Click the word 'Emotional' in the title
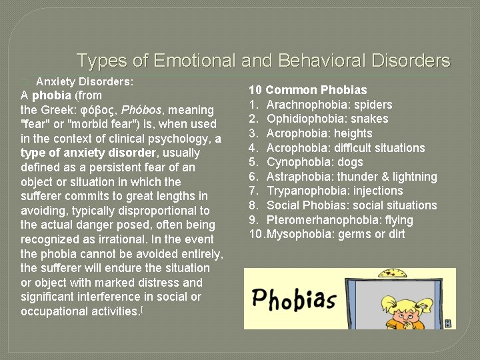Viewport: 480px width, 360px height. click(x=194, y=61)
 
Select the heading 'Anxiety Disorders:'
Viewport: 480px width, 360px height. click(x=85, y=81)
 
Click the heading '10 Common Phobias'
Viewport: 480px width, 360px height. click(x=308, y=90)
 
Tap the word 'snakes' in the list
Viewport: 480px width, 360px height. click(x=370, y=119)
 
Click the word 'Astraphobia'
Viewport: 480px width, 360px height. click(x=298, y=177)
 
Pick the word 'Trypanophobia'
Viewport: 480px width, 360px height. click(x=304, y=191)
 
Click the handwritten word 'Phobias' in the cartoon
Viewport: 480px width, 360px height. click(x=293, y=300)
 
